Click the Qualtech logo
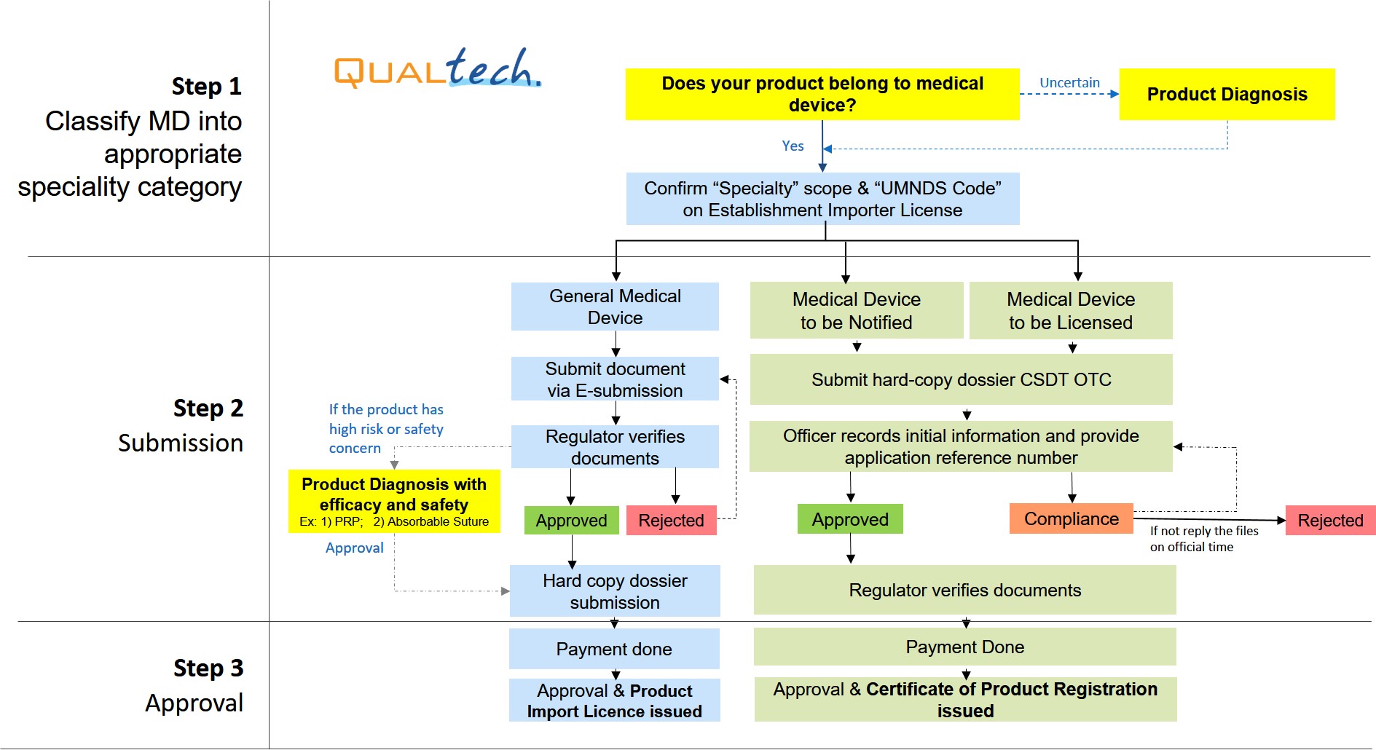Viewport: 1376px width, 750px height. [x=437, y=69]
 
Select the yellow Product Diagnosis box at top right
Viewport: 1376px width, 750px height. [x=1227, y=94]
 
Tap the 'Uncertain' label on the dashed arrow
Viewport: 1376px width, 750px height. [x=1069, y=83]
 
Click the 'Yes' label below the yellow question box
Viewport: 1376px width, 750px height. [x=793, y=146]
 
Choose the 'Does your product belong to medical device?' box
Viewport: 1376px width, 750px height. [x=822, y=94]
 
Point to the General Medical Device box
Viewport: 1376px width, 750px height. [x=615, y=307]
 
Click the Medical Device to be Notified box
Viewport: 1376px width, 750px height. [x=856, y=310]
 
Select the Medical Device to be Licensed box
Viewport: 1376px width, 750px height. [x=1070, y=310]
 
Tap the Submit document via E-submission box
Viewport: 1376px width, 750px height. [x=615, y=379]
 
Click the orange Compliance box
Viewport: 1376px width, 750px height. [x=1071, y=518]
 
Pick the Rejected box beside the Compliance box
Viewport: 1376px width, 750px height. [x=1329, y=521]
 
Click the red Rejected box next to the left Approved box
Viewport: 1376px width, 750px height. [x=671, y=521]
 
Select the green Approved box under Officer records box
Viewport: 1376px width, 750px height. [x=850, y=519]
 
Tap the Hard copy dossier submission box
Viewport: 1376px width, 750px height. [x=615, y=591]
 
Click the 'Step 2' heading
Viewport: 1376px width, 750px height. [x=208, y=408]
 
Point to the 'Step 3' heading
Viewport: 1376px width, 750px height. [x=208, y=668]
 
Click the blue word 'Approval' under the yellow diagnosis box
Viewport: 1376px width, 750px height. [x=354, y=548]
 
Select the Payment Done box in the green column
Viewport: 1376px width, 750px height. [x=964, y=647]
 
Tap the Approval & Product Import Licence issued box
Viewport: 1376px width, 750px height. [x=614, y=700]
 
